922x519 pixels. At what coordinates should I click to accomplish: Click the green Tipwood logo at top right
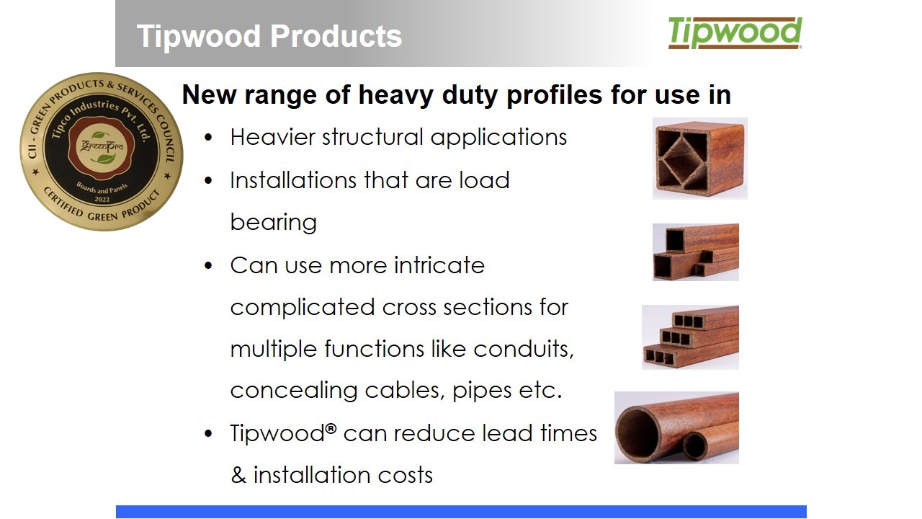[735, 33]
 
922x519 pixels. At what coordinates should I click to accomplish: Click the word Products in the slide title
[336, 36]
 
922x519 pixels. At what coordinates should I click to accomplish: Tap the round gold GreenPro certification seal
[102, 151]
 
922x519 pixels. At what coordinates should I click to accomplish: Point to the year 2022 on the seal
[102, 200]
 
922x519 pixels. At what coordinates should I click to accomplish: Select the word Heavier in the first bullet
[272, 137]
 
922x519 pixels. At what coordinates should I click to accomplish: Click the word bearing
[273, 223]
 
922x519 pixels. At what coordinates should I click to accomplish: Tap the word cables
[405, 390]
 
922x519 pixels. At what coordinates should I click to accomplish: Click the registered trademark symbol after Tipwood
[331, 429]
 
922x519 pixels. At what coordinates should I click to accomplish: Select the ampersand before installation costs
[238, 475]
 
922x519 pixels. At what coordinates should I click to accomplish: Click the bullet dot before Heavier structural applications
[208, 138]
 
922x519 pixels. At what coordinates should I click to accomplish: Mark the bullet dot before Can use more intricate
[208, 266]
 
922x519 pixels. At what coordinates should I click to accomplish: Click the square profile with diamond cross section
[699, 159]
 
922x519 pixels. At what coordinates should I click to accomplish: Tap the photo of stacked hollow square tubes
[696, 252]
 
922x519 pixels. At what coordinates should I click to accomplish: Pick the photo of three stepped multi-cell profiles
[690, 337]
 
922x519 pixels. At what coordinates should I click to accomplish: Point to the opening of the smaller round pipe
[695, 446]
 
